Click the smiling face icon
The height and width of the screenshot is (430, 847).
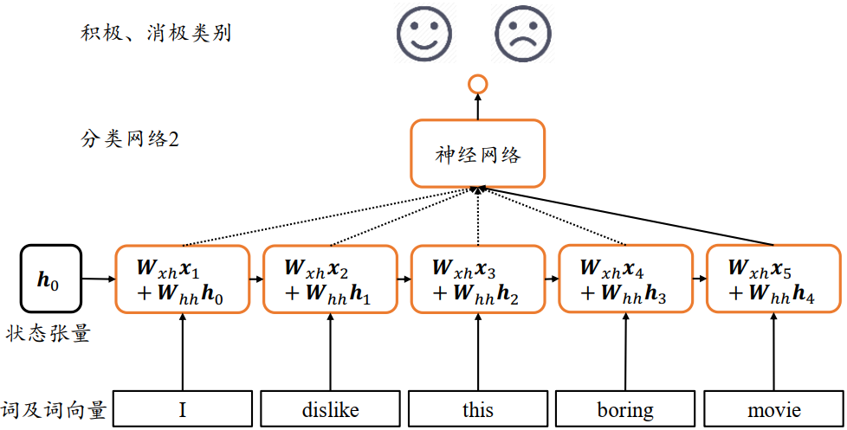click(424, 31)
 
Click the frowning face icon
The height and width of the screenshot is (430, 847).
click(524, 31)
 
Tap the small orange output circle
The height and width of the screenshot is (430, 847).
click(477, 84)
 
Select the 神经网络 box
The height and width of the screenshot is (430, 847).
click(477, 154)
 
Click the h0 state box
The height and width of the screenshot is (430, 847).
click(50, 278)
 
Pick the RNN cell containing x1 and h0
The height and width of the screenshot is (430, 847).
click(183, 279)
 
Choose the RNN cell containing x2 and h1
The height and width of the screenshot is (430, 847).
click(330, 279)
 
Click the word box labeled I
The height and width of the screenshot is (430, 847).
click(183, 409)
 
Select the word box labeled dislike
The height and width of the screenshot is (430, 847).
click(330, 409)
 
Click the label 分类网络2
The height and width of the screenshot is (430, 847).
click(130, 138)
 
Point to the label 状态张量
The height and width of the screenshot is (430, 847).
click(51, 333)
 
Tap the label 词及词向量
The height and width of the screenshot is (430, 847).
click(54, 411)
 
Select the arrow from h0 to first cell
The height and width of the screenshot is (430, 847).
click(99, 279)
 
